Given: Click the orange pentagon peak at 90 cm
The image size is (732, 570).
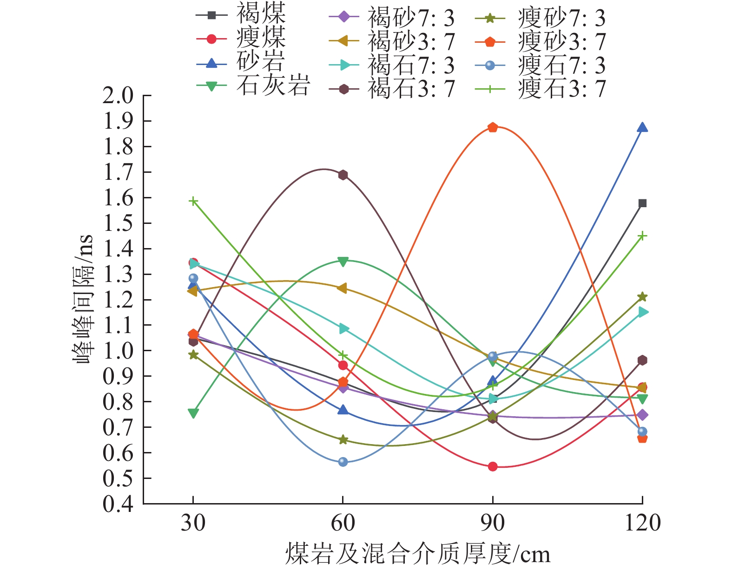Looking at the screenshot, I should pos(493,127).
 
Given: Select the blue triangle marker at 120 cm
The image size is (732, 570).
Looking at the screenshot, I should pos(642,127).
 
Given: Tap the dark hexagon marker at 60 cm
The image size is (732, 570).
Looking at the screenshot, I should pos(343,175).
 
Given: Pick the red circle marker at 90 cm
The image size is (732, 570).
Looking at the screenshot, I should pos(493,466).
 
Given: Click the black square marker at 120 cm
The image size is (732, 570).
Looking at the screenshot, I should pos(642,203).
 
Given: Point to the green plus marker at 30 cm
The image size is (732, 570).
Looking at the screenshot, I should pos(193,201).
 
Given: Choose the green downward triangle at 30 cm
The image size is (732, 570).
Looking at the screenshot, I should pos(193,413).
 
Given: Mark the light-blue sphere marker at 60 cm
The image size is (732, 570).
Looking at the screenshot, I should pos(343,462).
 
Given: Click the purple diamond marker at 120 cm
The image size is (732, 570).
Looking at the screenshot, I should pos(642,415).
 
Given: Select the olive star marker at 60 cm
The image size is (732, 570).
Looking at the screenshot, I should pos(343,439).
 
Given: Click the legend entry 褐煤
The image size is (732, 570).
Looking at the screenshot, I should pos(261,14).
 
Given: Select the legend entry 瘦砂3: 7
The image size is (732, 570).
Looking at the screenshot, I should pos(561,42).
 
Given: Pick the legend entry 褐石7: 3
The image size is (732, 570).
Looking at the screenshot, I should pos(411,66).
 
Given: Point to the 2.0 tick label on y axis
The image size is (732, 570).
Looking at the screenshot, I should pos(118,96).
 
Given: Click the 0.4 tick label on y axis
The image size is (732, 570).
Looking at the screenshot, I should pos(118,504).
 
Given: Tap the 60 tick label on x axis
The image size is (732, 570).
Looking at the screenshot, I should pos(343,524).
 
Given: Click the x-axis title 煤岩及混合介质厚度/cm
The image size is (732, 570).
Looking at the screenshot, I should pos(417,554).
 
